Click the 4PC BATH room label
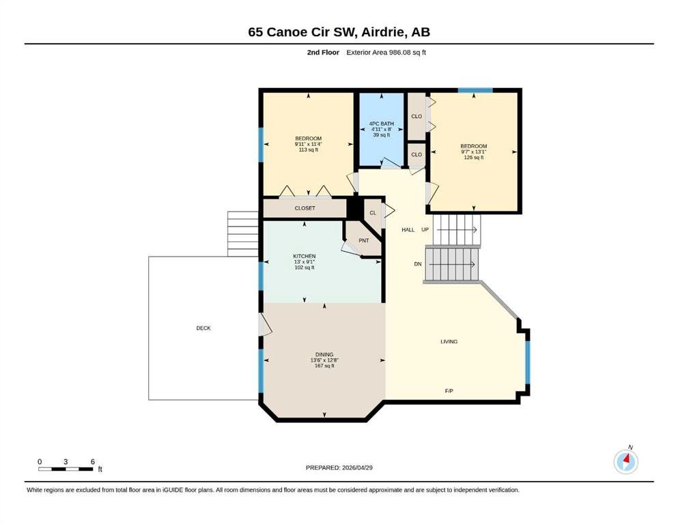point(382,123)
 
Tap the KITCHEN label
point(305,256)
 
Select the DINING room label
point(324,355)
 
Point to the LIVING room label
point(449,341)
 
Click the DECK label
point(203,328)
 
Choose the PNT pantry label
point(364,240)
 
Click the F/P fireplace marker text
point(449,391)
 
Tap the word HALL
point(408,230)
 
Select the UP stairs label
point(425,229)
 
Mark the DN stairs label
point(418,264)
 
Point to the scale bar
point(66,469)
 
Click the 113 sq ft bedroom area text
point(309,149)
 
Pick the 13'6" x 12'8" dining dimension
point(324,360)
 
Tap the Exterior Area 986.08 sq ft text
point(386,53)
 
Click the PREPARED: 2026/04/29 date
point(339,467)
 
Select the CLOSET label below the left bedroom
point(305,208)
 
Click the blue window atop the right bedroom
point(475,90)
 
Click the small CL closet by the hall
point(373,213)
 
